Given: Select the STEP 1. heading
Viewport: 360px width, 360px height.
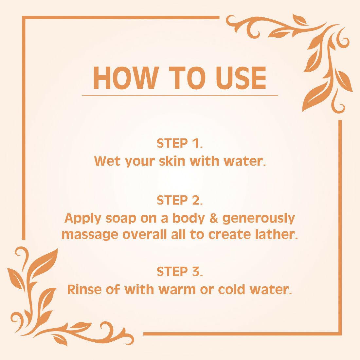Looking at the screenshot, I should [180, 144].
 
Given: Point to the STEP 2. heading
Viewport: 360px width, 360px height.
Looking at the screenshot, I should [180, 201].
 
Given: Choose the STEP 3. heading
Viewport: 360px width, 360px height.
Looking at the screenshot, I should [180, 271].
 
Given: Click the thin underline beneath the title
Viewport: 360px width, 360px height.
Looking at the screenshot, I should [180, 95].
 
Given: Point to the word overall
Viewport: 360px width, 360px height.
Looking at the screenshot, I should [137, 235].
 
